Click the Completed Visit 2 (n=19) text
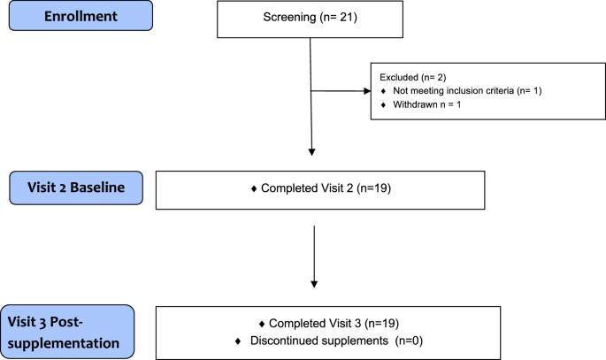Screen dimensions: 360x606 coord(320,189)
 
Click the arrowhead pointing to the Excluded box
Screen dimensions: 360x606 coord(366,90)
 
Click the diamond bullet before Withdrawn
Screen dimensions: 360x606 coord(383,106)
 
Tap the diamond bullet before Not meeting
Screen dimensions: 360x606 coord(383,92)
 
